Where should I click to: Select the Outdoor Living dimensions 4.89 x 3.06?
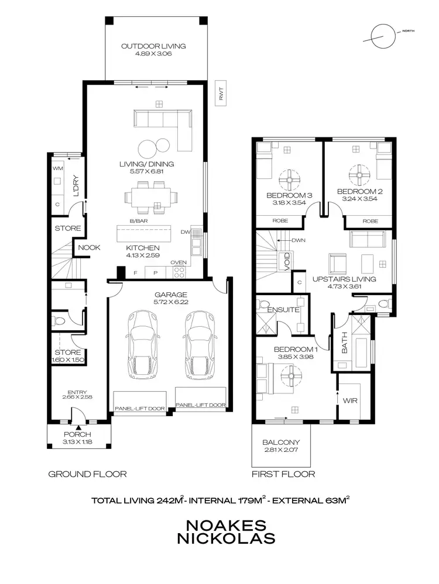pyautogui.click(x=153, y=54)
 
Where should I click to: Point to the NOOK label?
pyautogui.click(x=89, y=247)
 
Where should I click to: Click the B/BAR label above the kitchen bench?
pyautogui.click(x=139, y=222)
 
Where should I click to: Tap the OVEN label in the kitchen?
pyautogui.click(x=178, y=263)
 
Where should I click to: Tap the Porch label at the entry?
pyautogui.click(x=78, y=434)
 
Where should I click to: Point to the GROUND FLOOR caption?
pyautogui.click(x=87, y=474)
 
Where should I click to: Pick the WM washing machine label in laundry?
pyautogui.click(x=57, y=168)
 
